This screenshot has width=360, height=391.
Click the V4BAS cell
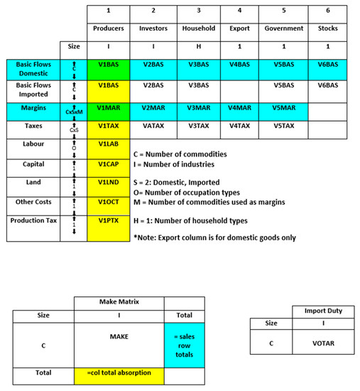[239, 64]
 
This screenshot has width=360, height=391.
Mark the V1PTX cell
[109, 220]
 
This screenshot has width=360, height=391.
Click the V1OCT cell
[109, 201]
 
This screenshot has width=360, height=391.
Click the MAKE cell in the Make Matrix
[119, 334]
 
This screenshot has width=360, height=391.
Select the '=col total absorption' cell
[119, 373]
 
